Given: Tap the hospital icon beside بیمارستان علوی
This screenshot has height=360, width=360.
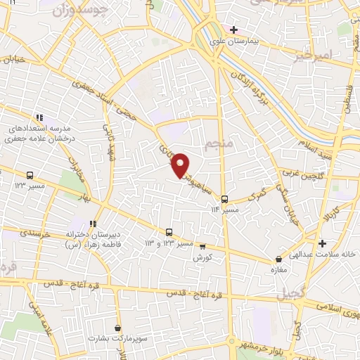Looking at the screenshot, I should [234, 30].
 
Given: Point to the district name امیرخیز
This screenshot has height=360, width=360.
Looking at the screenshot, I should [311, 53].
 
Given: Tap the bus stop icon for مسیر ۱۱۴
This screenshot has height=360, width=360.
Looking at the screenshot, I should [224, 199].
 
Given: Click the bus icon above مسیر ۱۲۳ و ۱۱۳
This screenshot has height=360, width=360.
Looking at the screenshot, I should [169, 232].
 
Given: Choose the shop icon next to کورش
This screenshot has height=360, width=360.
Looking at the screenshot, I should [202, 247].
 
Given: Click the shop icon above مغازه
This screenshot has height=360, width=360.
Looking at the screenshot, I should [279, 259].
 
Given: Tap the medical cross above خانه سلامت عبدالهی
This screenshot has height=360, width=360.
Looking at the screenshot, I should [322, 244].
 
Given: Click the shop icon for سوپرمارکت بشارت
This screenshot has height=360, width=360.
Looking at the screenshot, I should [117, 328].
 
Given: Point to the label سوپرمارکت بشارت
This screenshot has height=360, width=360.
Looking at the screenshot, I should [112, 339].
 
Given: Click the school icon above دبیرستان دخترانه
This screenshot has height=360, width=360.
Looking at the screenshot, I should [93, 223].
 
